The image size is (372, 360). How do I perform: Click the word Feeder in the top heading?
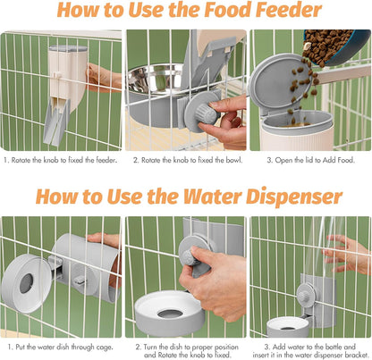point(283,12)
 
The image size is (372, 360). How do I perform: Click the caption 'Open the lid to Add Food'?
point(310,161)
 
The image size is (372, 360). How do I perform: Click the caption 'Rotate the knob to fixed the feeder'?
point(62,161)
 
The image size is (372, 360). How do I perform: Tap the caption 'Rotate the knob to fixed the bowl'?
point(186,161)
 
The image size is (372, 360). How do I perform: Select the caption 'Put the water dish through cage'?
point(62,346)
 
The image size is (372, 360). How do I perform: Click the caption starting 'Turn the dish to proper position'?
point(186,346)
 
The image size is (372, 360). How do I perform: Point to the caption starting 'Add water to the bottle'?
point(310,346)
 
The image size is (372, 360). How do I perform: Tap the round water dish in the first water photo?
point(26,281)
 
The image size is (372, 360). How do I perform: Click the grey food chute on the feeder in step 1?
point(55,121)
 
